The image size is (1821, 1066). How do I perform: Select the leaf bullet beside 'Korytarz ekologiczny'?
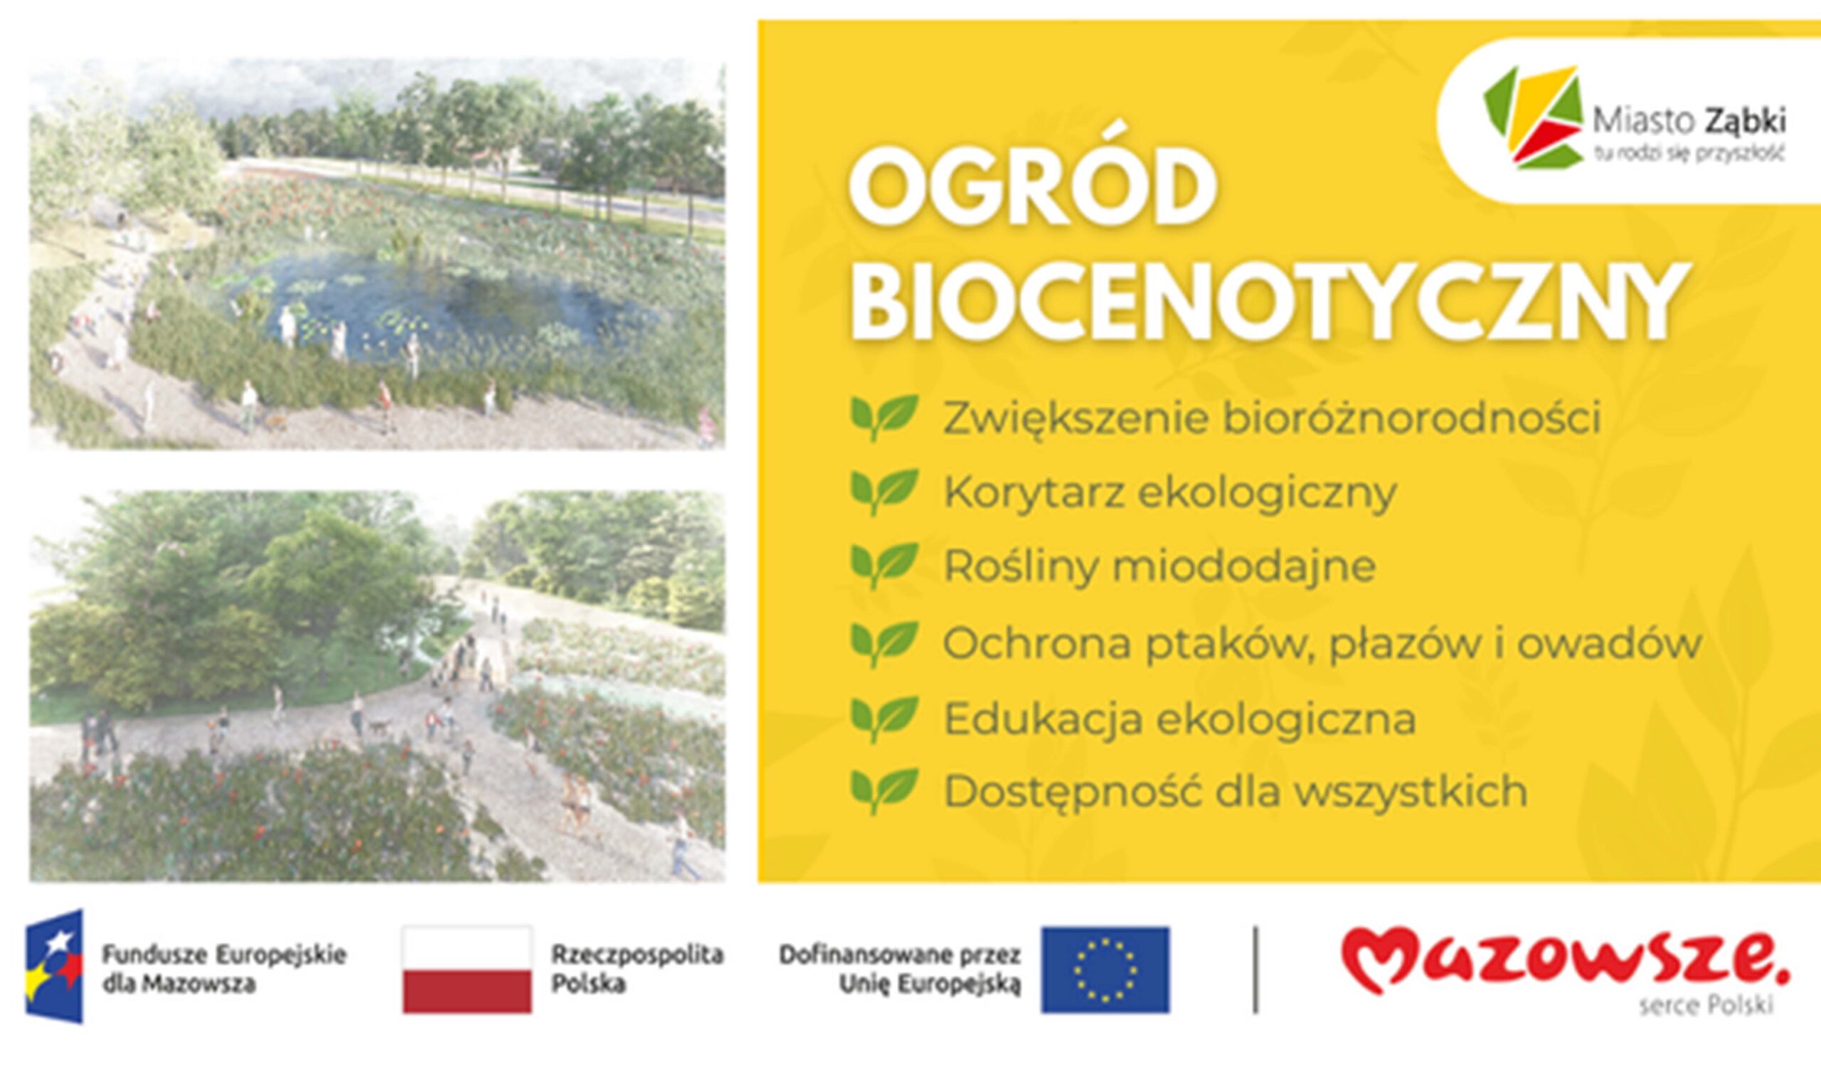click(884, 492)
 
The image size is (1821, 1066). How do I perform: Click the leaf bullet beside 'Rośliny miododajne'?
click(884, 566)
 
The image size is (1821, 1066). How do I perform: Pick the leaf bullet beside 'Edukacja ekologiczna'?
click(884, 719)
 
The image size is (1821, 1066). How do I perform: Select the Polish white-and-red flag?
click(467, 970)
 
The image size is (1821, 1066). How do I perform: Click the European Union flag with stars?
click(1105, 970)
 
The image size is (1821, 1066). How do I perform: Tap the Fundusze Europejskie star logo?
click(54, 966)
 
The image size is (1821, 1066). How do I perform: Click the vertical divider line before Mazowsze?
click(1255, 970)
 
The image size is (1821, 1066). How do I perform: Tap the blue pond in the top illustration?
click(434, 304)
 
